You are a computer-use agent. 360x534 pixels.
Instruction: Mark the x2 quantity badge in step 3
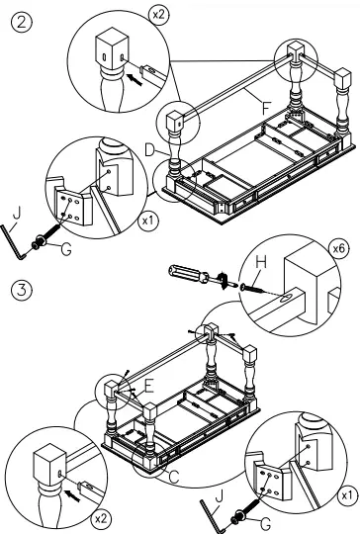coord(101,517)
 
